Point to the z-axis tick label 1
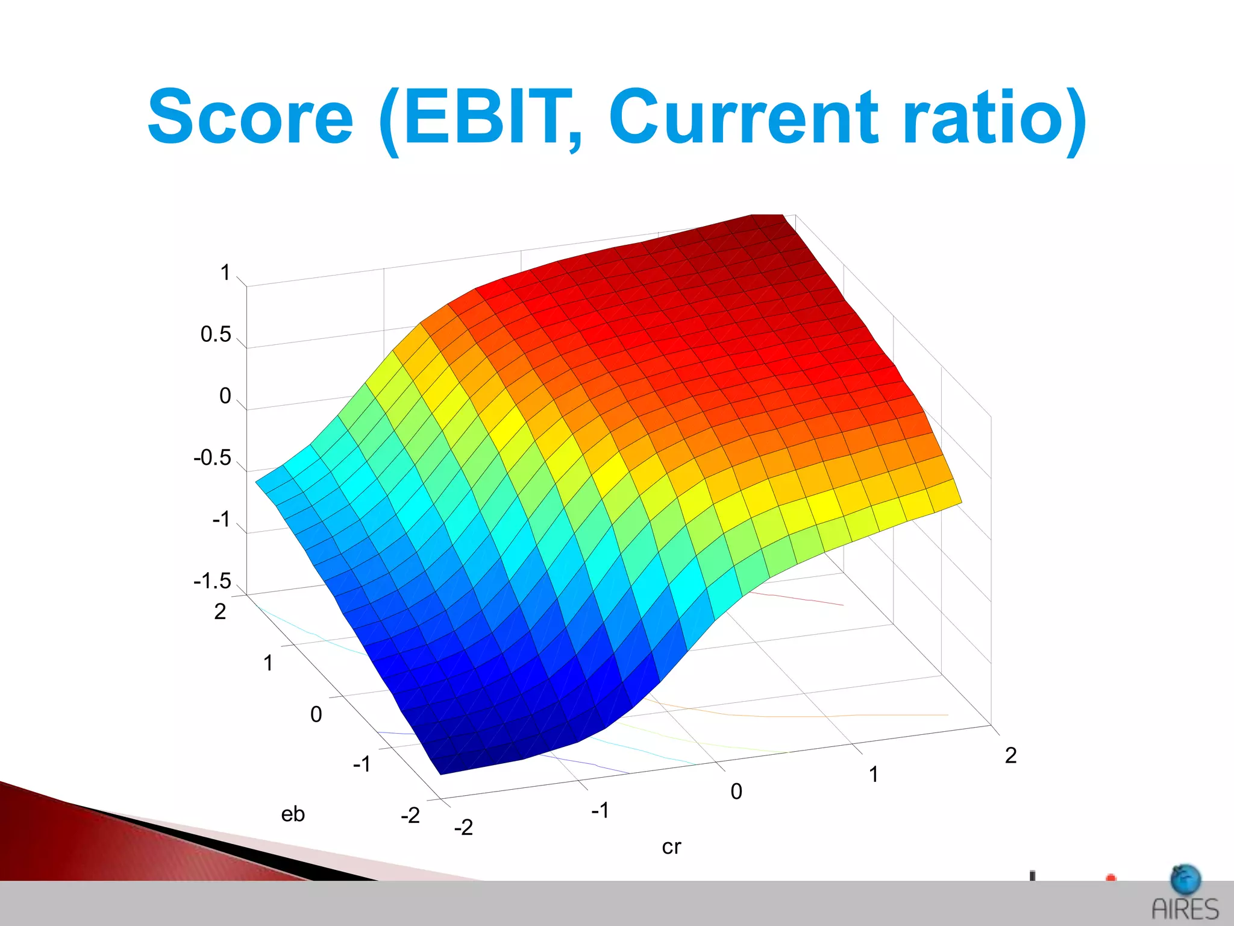pyautogui.click(x=225, y=272)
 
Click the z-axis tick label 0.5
pyautogui.click(x=216, y=335)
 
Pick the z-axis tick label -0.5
pyautogui.click(x=212, y=458)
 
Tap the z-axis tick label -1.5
pyautogui.click(x=212, y=581)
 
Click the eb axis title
pyautogui.click(x=293, y=814)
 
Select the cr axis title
pyautogui.click(x=671, y=847)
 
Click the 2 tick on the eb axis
pyautogui.click(x=220, y=612)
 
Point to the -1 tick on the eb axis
pyautogui.click(x=362, y=764)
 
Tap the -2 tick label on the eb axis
pyautogui.click(x=410, y=816)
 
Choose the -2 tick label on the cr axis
pyautogui.click(x=463, y=828)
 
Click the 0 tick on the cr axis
pyautogui.click(x=736, y=792)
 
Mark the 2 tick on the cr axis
pyautogui.click(x=1010, y=755)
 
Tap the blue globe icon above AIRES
pyautogui.click(x=1185, y=880)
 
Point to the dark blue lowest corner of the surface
pyautogui.click(x=446, y=767)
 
